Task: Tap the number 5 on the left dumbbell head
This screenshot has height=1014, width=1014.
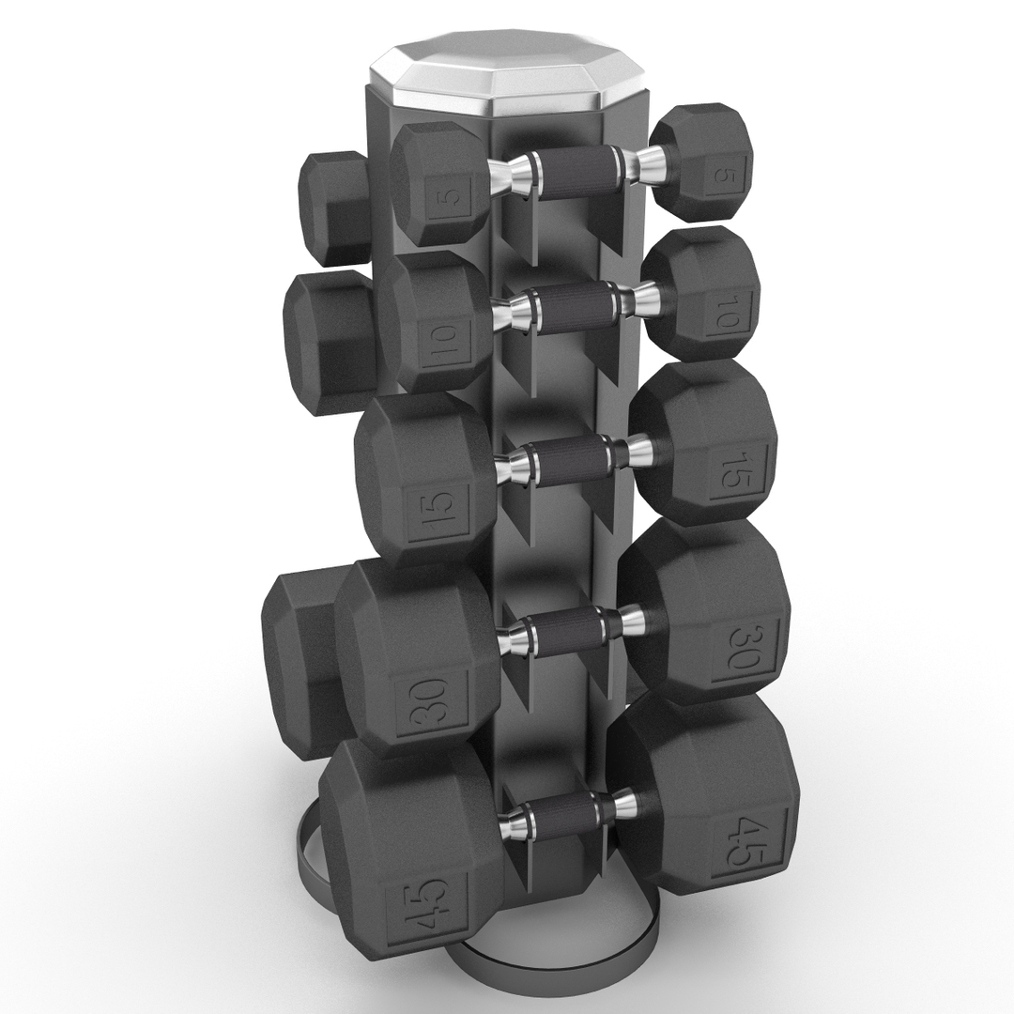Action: coord(450,198)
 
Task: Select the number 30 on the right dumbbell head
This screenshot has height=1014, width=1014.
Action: coord(740,647)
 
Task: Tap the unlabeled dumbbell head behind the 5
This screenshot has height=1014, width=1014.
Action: coord(332,207)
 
